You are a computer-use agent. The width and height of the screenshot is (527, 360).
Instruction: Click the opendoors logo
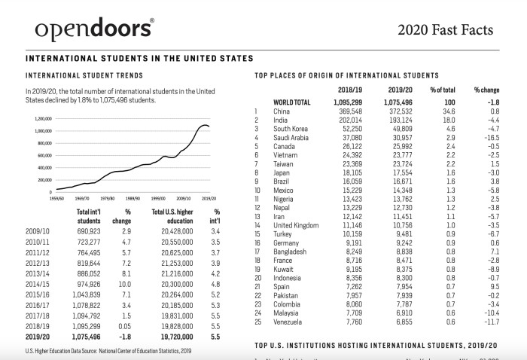click(94, 29)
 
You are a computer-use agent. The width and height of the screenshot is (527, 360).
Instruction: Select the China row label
click(282, 111)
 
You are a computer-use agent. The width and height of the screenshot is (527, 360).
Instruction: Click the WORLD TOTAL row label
click(292, 102)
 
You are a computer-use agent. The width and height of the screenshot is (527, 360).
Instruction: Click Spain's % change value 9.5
click(492, 286)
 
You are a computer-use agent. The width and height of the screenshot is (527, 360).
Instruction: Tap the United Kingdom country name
click(296, 225)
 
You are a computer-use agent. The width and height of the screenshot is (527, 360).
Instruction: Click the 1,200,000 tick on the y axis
click(42, 119)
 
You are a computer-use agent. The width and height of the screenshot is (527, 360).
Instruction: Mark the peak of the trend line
click(203, 124)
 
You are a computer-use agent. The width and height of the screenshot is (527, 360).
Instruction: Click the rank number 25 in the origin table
click(257, 321)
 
